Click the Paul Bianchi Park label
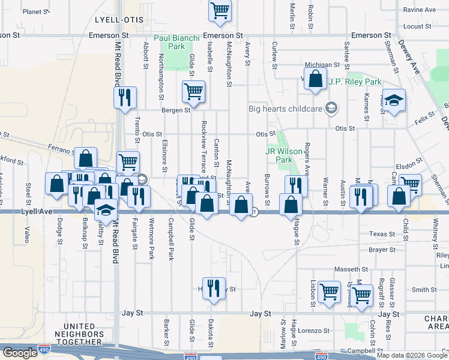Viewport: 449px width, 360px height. (x=176, y=42)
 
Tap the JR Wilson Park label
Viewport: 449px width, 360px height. (x=278, y=156)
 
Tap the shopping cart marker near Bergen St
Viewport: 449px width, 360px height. (x=194, y=92)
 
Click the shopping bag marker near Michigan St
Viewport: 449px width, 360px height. (x=315, y=79)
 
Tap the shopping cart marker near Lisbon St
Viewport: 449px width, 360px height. (x=329, y=292)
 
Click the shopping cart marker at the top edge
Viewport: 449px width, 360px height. (x=220, y=10)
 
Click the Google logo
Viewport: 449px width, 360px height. (x=20, y=352)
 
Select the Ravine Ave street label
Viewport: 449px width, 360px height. (x=420, y=10)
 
